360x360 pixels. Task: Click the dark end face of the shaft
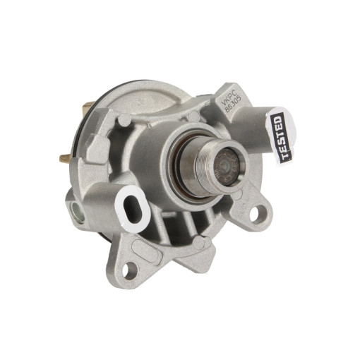coord(227,166)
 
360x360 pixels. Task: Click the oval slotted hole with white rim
coord(133,209)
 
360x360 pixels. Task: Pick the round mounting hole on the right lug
coord(257,213)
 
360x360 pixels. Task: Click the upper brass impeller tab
coord(90,104)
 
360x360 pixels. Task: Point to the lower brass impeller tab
coord(66,157)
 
